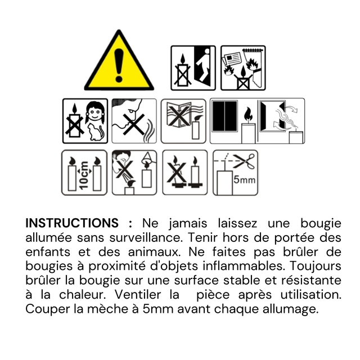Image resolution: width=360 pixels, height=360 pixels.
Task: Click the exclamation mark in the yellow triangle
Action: click(x=119, y=65)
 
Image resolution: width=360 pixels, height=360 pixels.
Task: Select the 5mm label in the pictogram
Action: click(x=245, y=180)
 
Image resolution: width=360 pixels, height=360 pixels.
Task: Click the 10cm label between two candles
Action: click(x=84, y=175)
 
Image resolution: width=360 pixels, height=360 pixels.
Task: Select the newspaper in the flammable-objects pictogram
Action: click(x=232, y=58)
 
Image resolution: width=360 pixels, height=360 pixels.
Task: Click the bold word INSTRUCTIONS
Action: click(x=72, y=223)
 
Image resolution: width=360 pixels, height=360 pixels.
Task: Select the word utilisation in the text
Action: click(x=311, y=295)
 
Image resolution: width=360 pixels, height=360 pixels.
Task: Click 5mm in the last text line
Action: click(x=157, y=309)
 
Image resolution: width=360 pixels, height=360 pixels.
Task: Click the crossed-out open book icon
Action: click(x=179, y=115)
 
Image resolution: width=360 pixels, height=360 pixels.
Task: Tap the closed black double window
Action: click(x=225, y=116)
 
